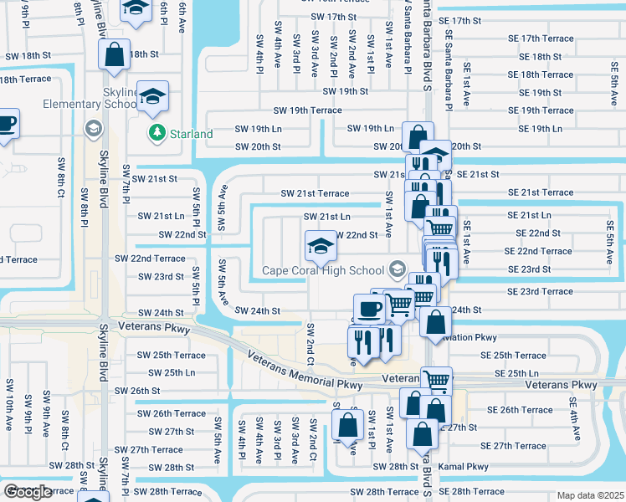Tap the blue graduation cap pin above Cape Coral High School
pos(318,245)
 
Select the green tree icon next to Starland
pos(156,133)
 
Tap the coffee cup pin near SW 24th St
pos(368,308)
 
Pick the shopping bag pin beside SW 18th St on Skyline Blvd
pos(114,54)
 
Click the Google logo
pos(28,492)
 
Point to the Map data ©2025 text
pos(590,495)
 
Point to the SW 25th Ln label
pos(167,372)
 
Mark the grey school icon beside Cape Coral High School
pos(398,269)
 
